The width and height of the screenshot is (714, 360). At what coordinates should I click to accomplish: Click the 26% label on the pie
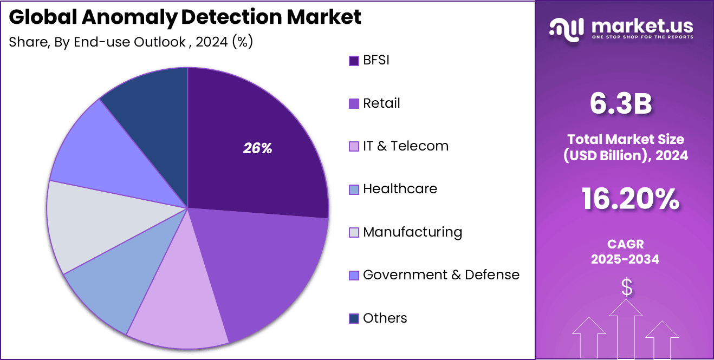[257, 148]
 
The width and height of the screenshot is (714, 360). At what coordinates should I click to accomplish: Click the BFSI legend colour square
[354, 61]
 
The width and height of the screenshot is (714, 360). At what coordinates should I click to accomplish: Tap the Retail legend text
[381, 103]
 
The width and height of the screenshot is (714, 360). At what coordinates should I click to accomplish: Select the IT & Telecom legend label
[405, 146]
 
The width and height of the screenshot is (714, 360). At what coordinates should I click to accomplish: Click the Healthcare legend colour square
[354, 189]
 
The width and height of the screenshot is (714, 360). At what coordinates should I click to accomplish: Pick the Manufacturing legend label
[412, 232]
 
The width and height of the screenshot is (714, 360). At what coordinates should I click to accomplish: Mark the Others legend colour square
[354, 318]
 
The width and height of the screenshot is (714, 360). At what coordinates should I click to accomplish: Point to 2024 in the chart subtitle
[212, 42]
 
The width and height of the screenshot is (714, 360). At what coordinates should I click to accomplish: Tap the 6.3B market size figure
[620, 104]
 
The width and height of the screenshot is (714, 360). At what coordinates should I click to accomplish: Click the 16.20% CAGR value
[630, 199]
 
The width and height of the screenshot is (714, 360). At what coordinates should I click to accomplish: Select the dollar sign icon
[626, 287]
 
